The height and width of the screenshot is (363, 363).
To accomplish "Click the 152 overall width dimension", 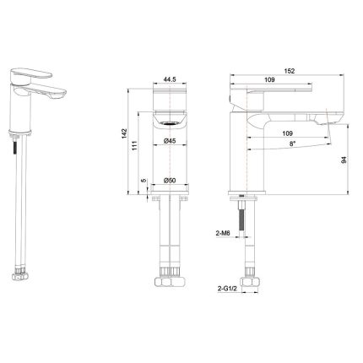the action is pos(290,71).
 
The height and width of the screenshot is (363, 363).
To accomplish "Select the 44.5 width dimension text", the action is pos(170,79).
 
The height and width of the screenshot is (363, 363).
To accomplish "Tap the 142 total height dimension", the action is pos(124,133).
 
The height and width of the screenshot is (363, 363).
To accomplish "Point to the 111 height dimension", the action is pos(134,145).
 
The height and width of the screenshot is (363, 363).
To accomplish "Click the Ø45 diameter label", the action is pos(170,141).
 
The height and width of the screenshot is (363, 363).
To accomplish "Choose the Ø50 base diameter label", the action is pos(170,181).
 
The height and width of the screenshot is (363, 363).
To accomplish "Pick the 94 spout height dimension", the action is pos(344,160).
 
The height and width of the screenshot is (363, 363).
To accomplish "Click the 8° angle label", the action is pos(293,144).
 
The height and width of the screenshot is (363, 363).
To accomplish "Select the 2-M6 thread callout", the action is pos(223,233).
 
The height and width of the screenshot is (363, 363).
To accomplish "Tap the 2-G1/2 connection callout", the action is pos(226,289).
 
